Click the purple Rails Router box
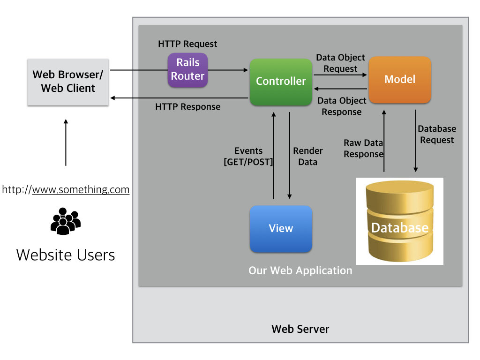click(x=187, y=69)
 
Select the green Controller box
click(x=281, y=82)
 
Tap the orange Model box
click(x=400, y=79)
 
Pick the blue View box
click(x=281, y=229)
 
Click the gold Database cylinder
click(x=399, y=221)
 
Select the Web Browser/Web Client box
click(x=68, y=82)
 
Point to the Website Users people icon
click(x=65, y=221)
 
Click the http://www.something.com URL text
click(x=66, y=190)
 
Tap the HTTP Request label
click(x=187, y=44)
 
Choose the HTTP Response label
click(x=187, y=107)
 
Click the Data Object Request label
click(x=340, y=63)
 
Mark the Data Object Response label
click(x=342, y=106)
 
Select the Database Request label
click(x=437, y=135)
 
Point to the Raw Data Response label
click(x=363, y=149)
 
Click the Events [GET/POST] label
click(x=248, y=157)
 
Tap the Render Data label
click(x=308, y=157)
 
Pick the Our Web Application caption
click(x=300, y=270)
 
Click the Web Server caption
click(x=300, y=329)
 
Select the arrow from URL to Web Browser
click(x=66, y=142)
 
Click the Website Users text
click(x=66, y=255)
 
